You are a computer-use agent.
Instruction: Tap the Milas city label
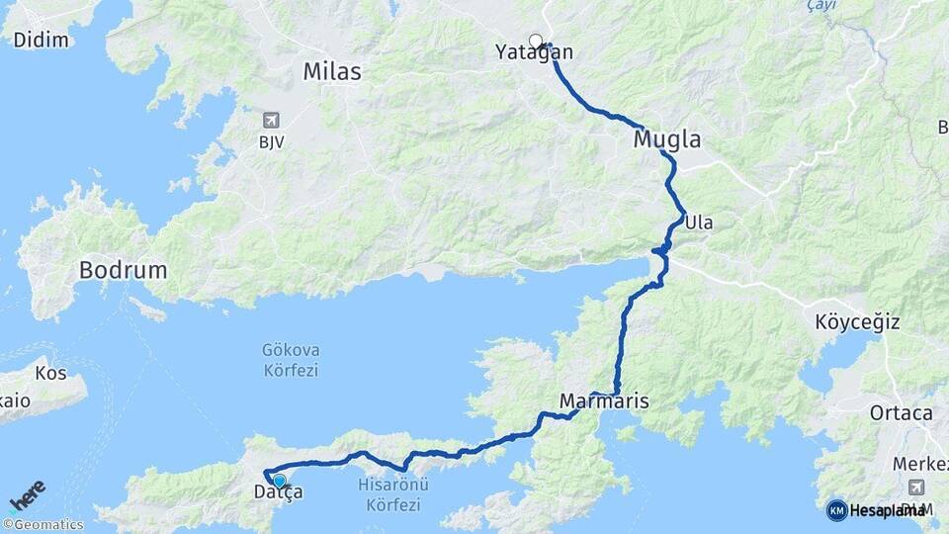[x=332, y=72]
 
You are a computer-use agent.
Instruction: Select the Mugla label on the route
[x=667, y=139]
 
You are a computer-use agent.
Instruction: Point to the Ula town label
[x=698, y=222]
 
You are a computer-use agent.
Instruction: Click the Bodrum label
[x=124, y=270]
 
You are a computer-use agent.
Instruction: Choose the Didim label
[x=42, y=41]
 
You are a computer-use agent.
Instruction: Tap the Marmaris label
[x=604, y=401]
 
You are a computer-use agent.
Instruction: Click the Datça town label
[x=278, y=492]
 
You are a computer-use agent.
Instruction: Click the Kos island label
[x=50, y=374]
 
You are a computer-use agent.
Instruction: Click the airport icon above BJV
[x=271, y=121]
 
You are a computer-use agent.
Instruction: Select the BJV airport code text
[x=271, y=142]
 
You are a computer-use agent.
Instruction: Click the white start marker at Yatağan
[x=536, y=42]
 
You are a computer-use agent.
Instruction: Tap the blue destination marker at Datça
[x=279, y=481]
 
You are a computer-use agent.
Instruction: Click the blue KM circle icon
[x=836, y=510]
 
